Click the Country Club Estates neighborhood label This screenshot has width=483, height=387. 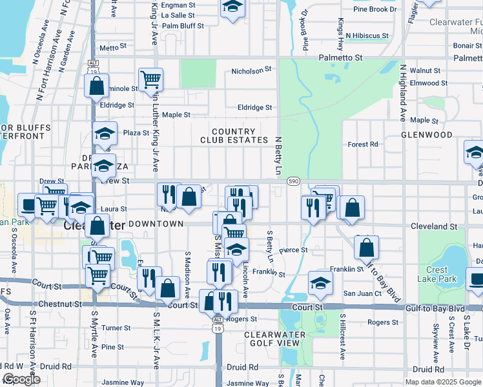tap(234, 135)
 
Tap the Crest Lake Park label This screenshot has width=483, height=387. tap(442, 274)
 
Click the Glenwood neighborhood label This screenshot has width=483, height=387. tap(427, 135)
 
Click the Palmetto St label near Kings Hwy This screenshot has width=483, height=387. tap(341, 57)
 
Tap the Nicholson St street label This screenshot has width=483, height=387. tap(252, 70)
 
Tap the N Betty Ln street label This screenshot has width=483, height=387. tap(279, 155)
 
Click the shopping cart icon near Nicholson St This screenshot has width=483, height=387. tap(150, 79)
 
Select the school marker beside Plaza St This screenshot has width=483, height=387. tap(105, 133)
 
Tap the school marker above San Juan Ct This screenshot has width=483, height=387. tap(320, 283)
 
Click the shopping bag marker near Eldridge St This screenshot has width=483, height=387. tap(96, 86)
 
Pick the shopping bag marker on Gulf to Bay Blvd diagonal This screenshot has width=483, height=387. tap(366, 247)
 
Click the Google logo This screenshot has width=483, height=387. tap(22, 379)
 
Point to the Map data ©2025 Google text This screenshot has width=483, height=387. tap(442, 382)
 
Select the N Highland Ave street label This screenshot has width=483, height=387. tap(402, 94)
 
